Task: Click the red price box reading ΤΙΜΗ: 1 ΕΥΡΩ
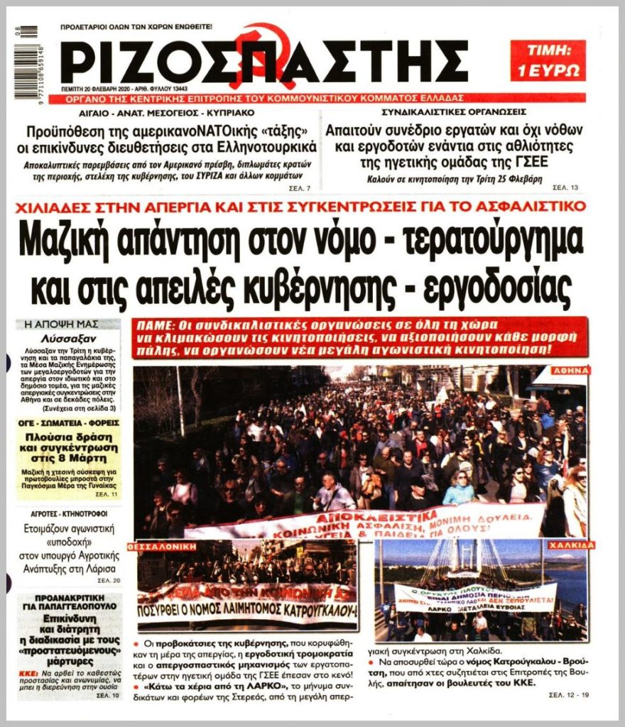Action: (548, 60)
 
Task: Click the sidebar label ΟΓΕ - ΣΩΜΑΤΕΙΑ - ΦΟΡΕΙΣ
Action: (68, 423)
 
